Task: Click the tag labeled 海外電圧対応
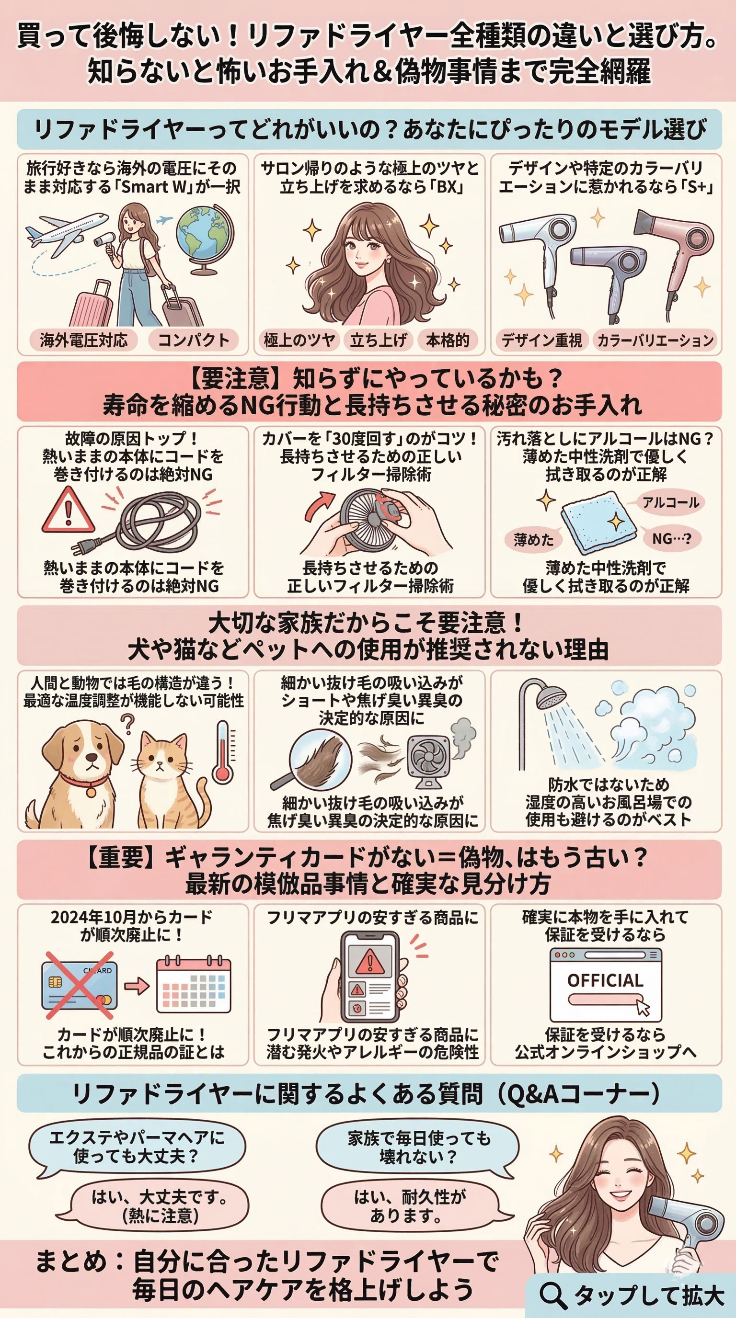[83, 340]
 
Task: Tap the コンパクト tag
[194, 340]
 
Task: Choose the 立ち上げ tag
[378, 340]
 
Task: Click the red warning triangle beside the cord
[68, 510]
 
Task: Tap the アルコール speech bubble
[670, 502]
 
